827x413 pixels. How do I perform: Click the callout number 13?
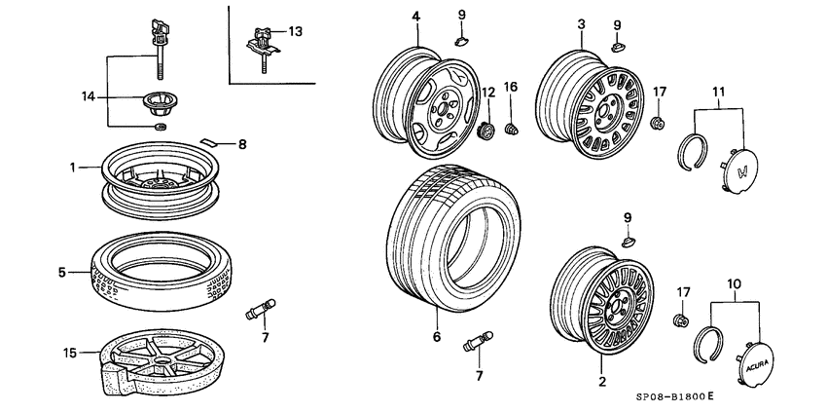[x=296, y=32]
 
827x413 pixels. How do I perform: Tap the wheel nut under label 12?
[x=487, y=129]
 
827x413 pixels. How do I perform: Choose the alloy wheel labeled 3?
[x=592, y=104]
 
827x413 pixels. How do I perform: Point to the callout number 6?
[x=437, y=337]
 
